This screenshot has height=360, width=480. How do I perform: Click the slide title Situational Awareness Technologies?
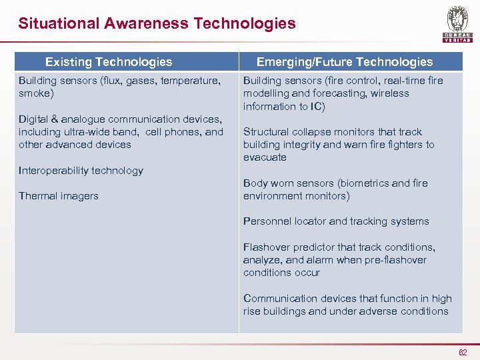[x=157, y=23]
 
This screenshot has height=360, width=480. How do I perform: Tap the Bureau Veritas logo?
[x=457, y=24]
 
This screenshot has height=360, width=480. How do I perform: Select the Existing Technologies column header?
[x=108, y=62]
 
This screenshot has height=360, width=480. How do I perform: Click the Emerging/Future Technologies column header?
[x=345, y=62]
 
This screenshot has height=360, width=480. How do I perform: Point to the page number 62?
[x=463, y=351]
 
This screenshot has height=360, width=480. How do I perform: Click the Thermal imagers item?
[x=59, y=196]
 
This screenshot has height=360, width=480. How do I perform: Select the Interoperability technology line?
[x=81, y=171]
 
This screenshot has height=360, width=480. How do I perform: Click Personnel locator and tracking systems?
[x=336, y=221]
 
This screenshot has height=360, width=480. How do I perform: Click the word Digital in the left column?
[x=33, y=119]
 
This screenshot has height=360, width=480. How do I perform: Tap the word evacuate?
[x=265, y=158]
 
